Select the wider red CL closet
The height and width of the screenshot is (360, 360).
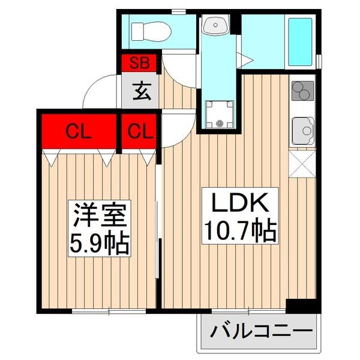click(x=78, y=131)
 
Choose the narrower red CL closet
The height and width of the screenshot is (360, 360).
click(x=139, y=131)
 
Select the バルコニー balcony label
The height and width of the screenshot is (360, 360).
click(x=260, y=331)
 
